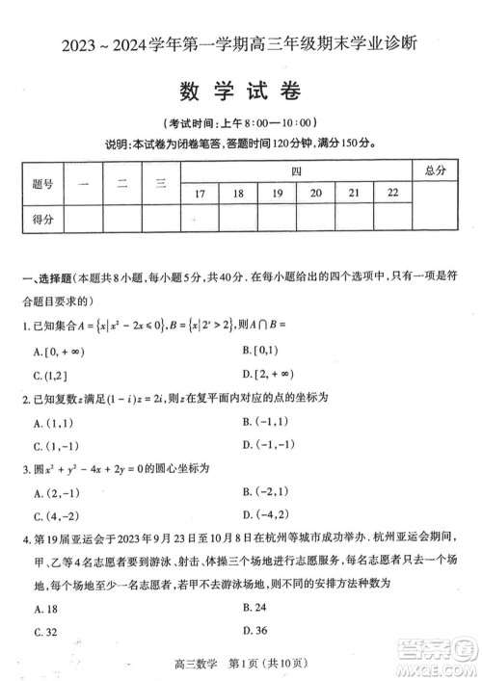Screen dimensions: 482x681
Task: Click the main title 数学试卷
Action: (240, 92)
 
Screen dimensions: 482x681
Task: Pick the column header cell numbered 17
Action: (200, 194)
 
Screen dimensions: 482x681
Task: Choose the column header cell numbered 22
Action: (392, 194)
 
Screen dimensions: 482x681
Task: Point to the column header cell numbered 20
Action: (315, 194)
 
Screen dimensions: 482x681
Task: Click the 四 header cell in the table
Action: (296, 170)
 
